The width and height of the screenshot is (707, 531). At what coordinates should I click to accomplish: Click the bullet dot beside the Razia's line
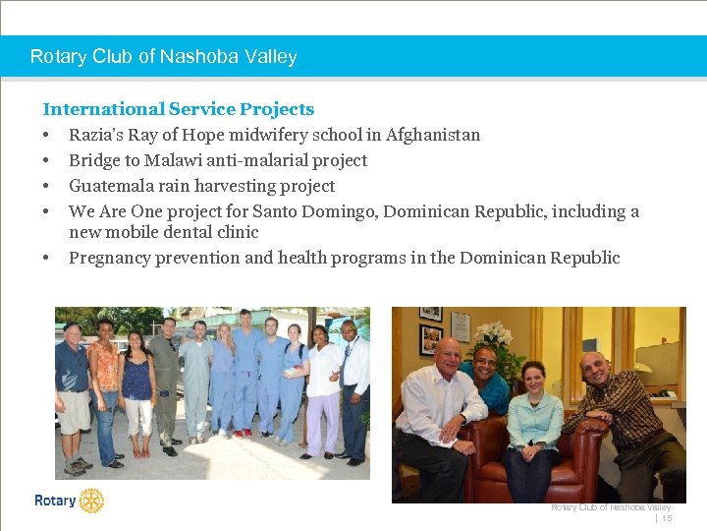click(46, 135)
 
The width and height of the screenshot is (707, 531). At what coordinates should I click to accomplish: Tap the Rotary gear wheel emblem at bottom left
click(91, 501)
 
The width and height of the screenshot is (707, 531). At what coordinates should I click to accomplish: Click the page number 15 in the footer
click(667, 517)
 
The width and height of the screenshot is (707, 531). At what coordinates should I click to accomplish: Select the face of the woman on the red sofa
click(533, 377)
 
